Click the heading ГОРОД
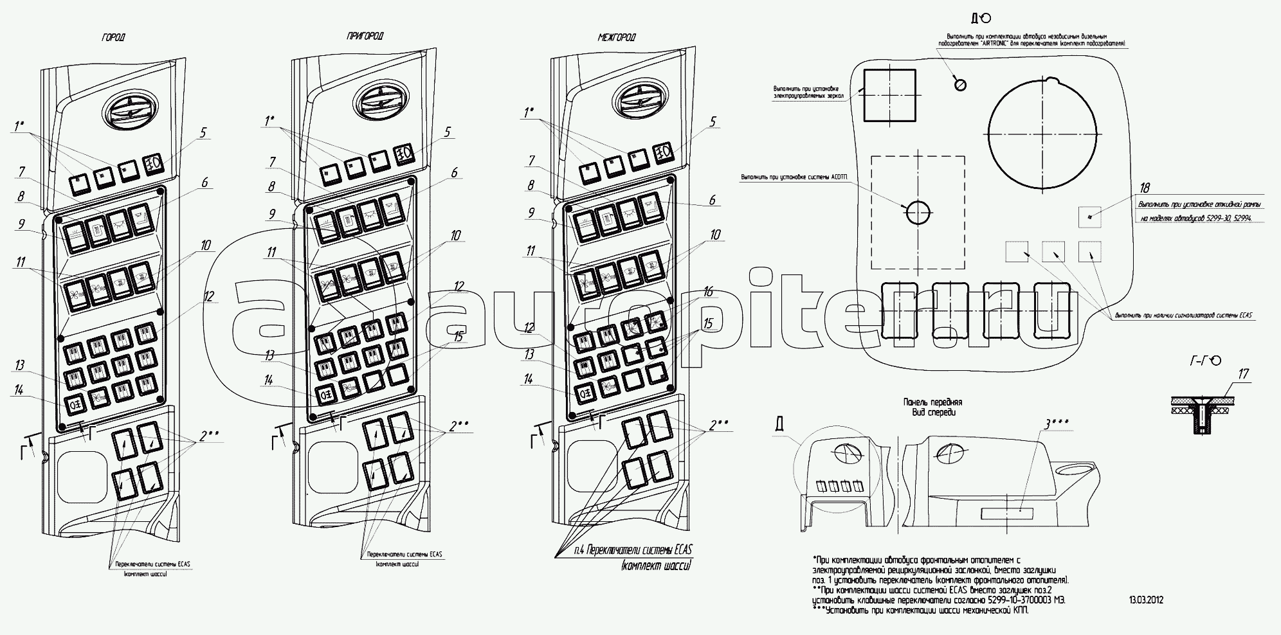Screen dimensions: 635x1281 point(114,38)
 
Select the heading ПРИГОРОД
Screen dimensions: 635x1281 point(364,37)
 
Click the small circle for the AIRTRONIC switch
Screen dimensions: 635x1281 point(960,85)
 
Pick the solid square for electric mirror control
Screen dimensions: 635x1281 point(889,96)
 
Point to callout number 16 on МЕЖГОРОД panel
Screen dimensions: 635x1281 point(708,292)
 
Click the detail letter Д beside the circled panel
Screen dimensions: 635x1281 point(780,425)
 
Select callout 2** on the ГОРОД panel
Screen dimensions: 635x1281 point(209,436)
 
